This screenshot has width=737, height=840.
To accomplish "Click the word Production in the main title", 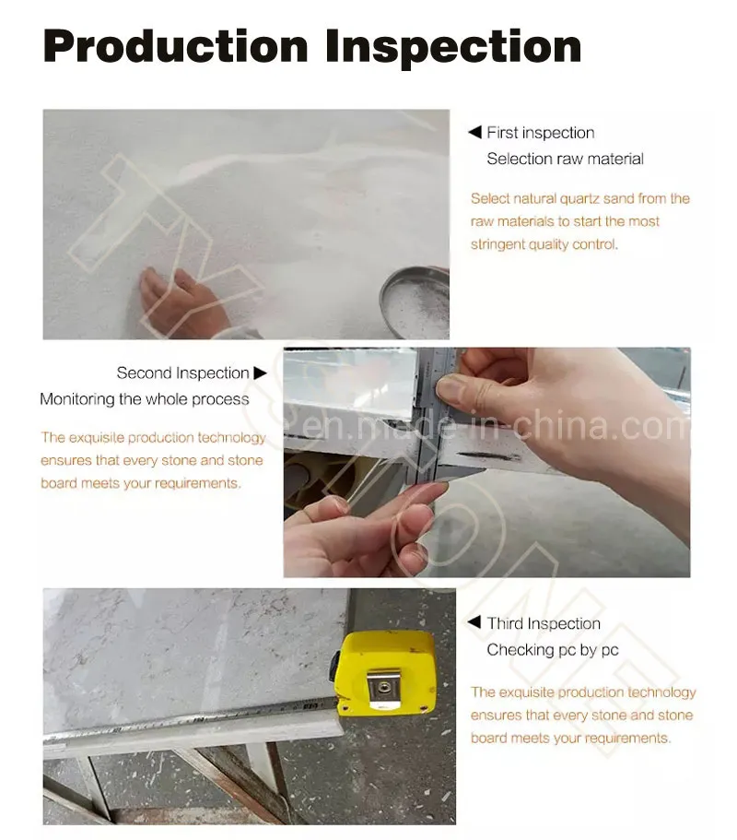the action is [x=176, y=46].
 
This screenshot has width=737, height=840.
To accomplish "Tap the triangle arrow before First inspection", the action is [x=474, y=132].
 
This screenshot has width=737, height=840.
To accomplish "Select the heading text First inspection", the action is [x=541, y=133].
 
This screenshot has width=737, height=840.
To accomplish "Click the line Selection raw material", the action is [x=566, y=159].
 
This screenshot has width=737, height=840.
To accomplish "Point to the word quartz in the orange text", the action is [x=579, y=199].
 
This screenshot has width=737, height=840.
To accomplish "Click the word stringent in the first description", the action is [x=497, y=244].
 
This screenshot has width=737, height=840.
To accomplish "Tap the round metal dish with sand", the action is [x=415, y=302].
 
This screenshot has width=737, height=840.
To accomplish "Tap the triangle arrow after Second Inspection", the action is [x=260, y=373].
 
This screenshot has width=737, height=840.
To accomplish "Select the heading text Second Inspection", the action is [x=183, y=373].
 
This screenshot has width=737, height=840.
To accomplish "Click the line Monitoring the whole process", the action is [x=145, y=399].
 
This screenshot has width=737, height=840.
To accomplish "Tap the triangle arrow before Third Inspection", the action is [x=474, y=622].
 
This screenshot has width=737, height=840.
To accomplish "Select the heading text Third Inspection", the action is [x=544, y=623].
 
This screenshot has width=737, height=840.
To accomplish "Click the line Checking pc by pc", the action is [x=553, y=650].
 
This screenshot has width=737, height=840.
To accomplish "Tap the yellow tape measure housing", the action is [x=386, y=673].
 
